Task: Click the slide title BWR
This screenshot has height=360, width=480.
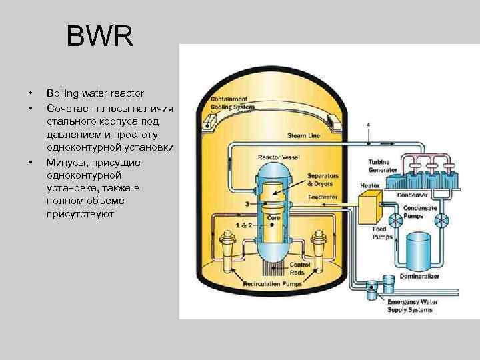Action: point(100,37)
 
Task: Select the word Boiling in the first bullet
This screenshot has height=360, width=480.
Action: point(61,93)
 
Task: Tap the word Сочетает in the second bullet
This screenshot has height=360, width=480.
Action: point(69,107)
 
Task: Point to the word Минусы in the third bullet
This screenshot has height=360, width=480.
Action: point(67,163)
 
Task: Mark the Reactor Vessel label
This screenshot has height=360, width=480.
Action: point(278,159)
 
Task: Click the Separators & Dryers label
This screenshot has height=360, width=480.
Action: point(323,180)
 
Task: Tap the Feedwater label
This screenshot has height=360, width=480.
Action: point(322,197)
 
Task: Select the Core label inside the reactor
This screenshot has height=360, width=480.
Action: point(273,218)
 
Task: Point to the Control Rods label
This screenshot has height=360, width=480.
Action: point(299,268)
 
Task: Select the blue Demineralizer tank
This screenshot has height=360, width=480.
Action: point(419,252)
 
